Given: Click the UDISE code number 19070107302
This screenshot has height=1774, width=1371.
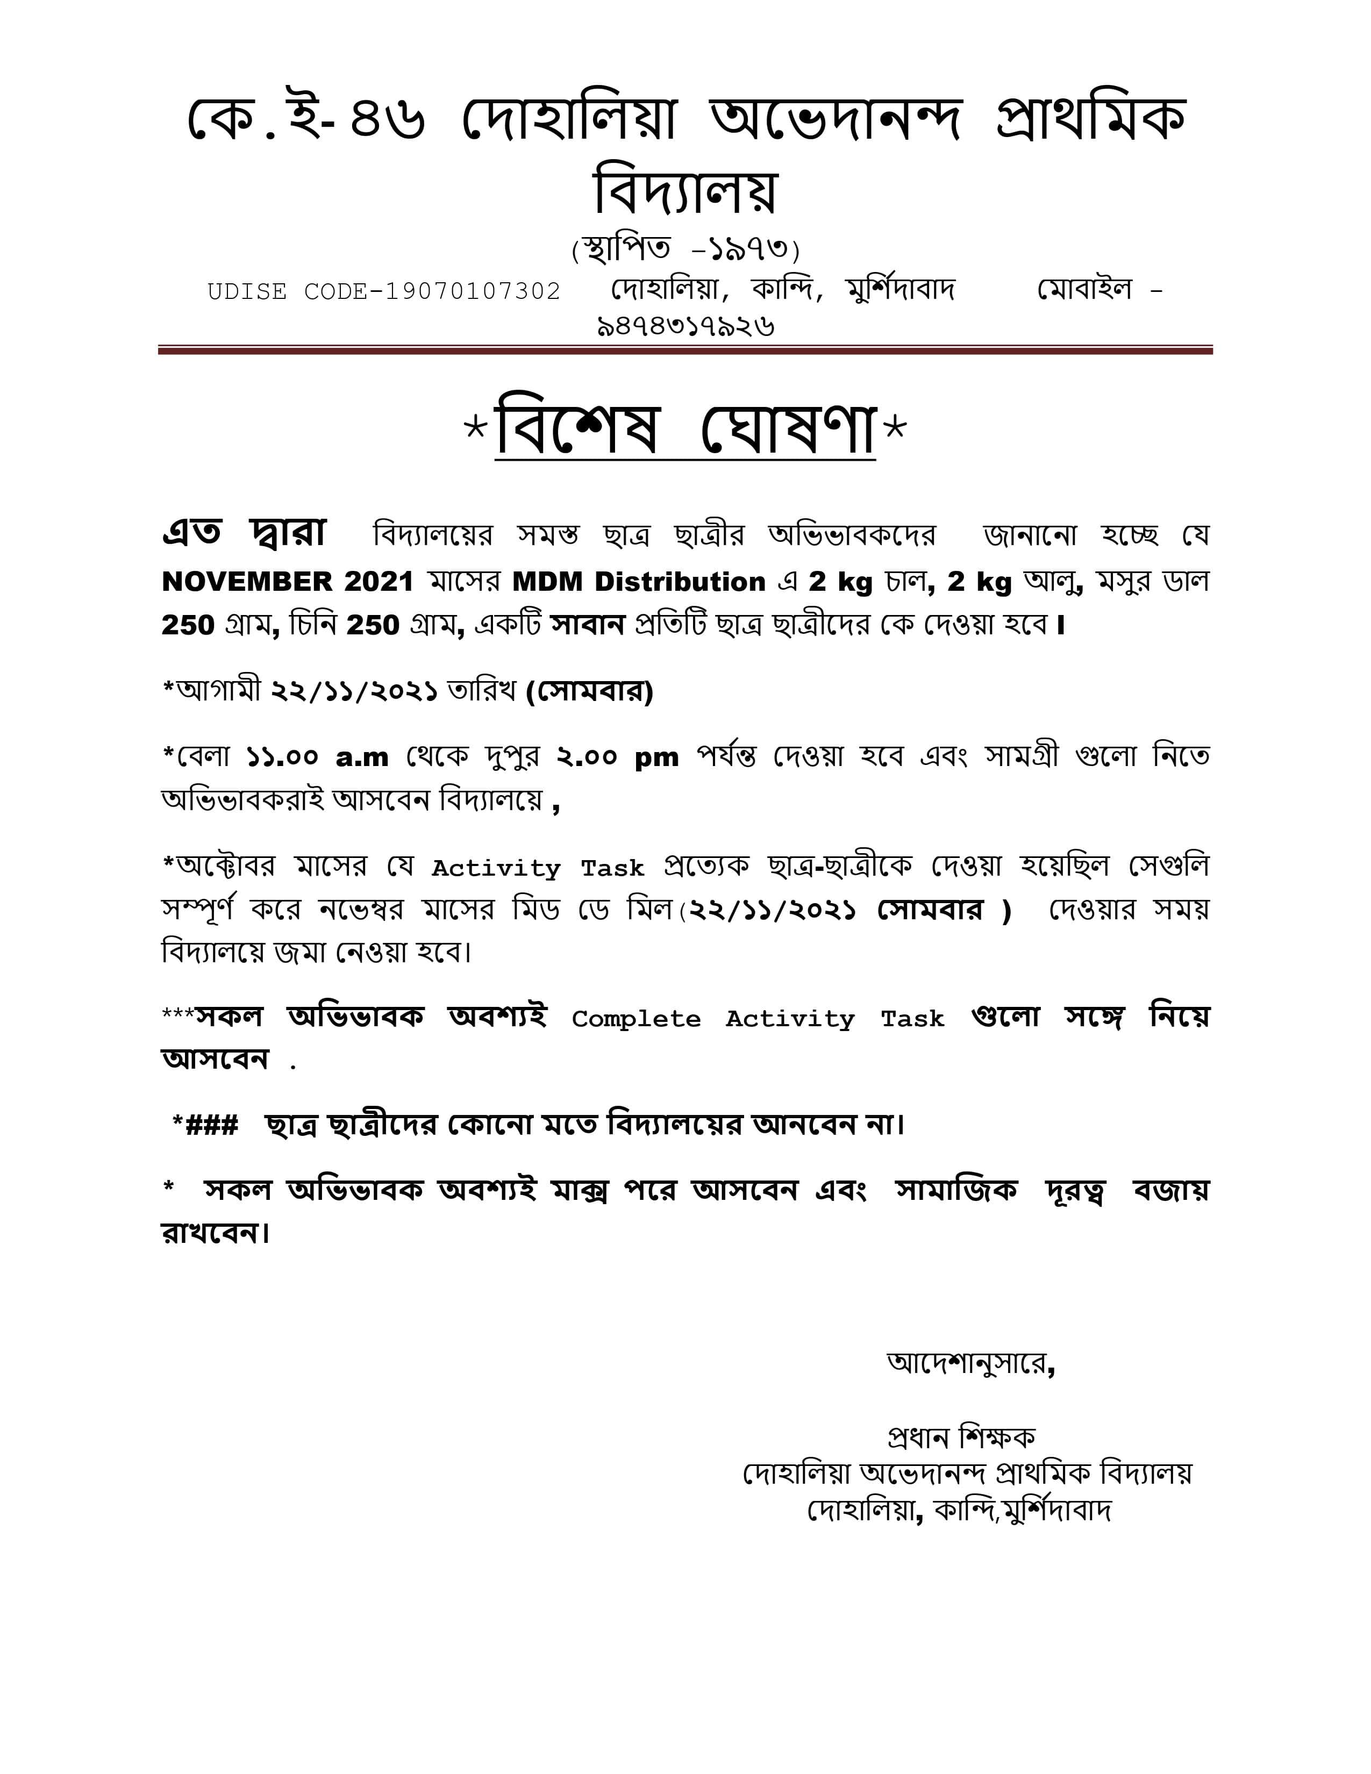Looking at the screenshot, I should (x=472, y=291).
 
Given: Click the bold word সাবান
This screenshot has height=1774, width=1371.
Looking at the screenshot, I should (x=587, y=625).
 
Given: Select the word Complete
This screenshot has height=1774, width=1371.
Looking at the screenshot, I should (x=636, y=1019).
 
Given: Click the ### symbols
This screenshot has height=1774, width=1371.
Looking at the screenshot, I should (x=212, y=1125).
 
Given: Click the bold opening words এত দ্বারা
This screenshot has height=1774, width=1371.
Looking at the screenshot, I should (x=244, y=533).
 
